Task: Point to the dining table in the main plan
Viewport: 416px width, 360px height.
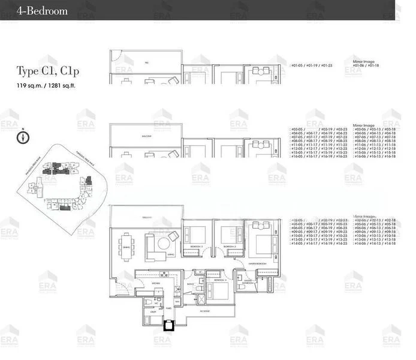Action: pyautogui.click(x=126, y=246)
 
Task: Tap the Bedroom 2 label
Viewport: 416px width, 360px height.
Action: pyautogui.click(x=230, y=247)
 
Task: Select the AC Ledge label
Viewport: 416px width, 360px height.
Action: pyautogui.click(x=206, y=311)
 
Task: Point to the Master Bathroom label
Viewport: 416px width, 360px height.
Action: pyautogui.click(x=248, y=281)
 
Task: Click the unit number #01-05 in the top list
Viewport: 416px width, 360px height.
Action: pyautogui.click(x=297, y=63)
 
